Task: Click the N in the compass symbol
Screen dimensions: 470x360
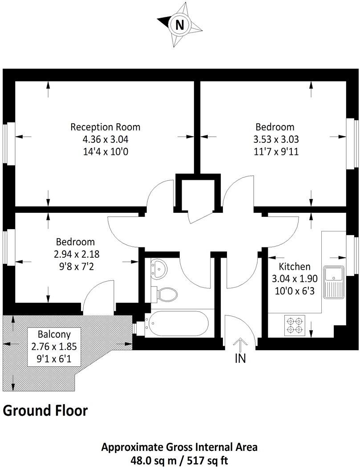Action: [x=179, y=25]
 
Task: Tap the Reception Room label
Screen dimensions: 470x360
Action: [x=105, y=127]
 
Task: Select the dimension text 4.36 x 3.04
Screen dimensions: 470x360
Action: [x=105, y=139]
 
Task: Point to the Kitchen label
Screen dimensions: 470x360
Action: [x=294, y=267]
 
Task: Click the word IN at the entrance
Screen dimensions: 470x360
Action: [x=240, y=358]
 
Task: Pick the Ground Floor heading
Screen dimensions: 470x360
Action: [x=45, y=410]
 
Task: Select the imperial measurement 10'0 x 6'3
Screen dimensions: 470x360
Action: [x=294, y=292]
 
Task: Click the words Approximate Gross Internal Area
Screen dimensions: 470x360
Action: [x=179, y=447]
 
